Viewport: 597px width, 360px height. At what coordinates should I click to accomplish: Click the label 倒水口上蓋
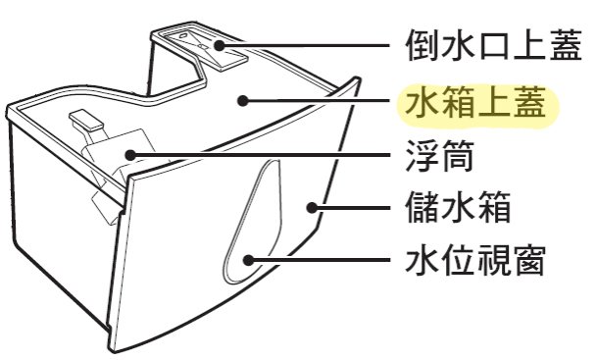(497, 44)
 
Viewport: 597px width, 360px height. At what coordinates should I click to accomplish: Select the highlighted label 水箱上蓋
(472, 101)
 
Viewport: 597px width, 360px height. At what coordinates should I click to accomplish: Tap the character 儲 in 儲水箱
(421, 209)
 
